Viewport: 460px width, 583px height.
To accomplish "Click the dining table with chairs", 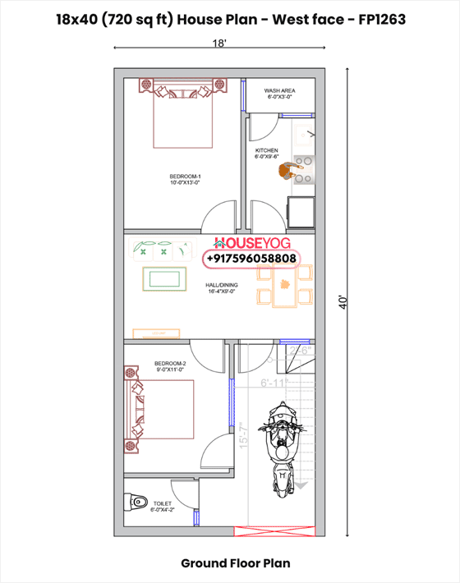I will tap(283, 286).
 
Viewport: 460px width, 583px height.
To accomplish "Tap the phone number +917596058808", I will tap(252, 259).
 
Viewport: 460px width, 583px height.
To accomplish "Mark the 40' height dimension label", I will tap(343, 301).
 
